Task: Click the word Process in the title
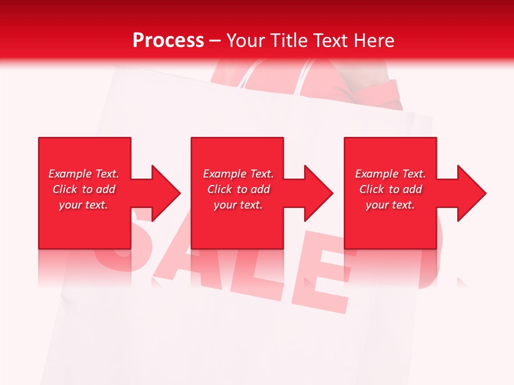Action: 168,41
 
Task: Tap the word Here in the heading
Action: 373,41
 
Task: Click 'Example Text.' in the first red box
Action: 84,174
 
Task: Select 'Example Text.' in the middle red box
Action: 238,174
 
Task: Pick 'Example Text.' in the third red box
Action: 390,174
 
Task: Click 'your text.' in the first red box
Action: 84,205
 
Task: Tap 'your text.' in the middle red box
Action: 238,205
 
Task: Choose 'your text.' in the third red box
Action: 390,205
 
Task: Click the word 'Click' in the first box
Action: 65,189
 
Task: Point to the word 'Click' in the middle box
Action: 220,189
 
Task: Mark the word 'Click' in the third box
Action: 372,189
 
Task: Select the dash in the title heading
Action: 215,41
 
